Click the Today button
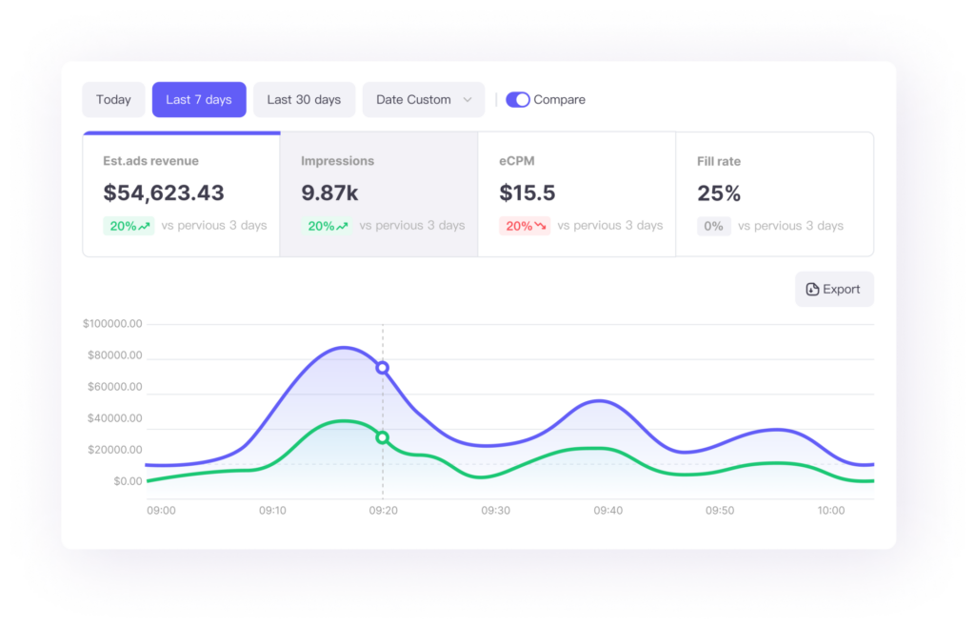(113, 100)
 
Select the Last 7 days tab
(199, 100)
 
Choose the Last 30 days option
(304, 100)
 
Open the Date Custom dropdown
(423, 100)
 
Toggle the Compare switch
(518, 100)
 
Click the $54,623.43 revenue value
(164, 193)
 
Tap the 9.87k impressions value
(329, 193)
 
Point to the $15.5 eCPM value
(527, 193)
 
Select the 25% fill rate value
(719, 193)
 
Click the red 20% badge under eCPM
(525, 226)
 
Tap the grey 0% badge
(713, 226)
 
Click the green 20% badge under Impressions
(327, 226)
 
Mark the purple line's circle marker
(383, 368)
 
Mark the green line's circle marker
(383, 437)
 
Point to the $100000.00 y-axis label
(112, 324)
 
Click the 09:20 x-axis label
(383, 511)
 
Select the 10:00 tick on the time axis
(830, 511)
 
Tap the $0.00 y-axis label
(127, 481)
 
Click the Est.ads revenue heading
(150, 161)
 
